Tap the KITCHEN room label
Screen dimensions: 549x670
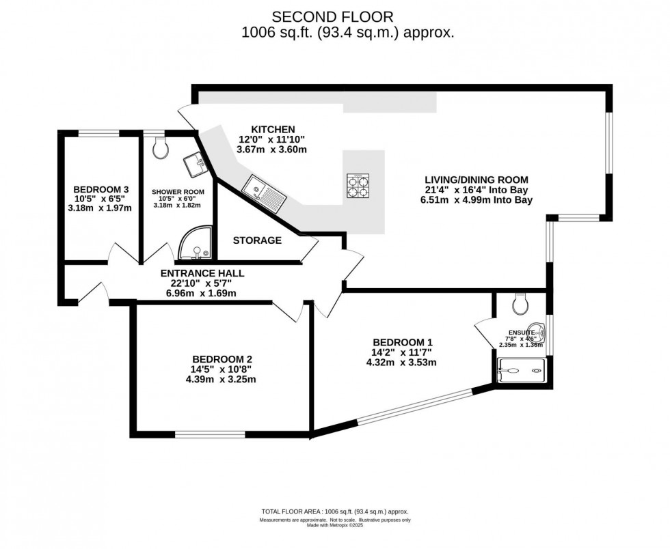point(272,129)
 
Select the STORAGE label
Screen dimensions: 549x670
point(257,240)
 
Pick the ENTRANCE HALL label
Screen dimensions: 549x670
point(202,273)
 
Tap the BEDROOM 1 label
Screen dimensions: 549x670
point(403,342)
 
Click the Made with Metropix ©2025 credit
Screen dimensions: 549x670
point(334,526)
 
